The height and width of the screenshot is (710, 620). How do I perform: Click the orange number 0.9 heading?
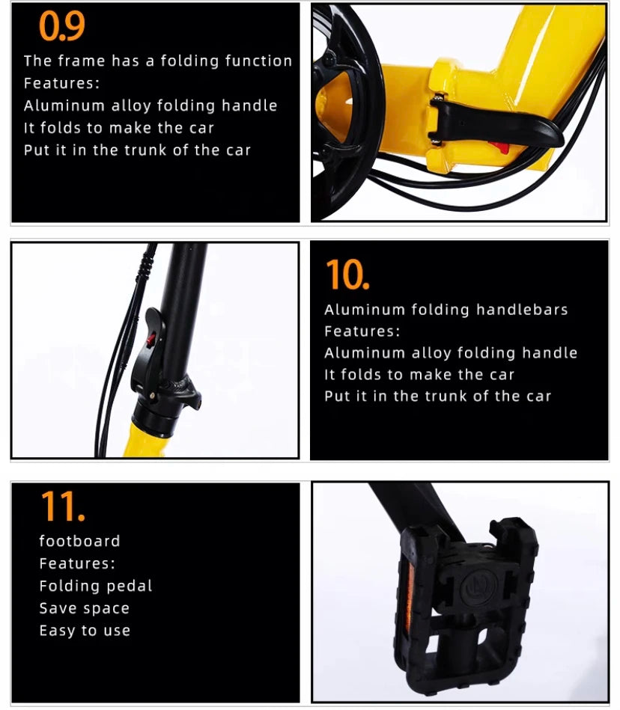61,25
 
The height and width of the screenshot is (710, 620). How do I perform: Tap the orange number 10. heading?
347,274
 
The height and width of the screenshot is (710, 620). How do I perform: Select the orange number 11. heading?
63,507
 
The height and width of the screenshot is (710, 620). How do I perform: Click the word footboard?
80,541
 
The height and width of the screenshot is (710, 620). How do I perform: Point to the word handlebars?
522,310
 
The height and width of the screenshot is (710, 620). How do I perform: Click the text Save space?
85,608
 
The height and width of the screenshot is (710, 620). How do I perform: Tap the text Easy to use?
85,630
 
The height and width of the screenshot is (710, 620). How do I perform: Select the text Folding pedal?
96,586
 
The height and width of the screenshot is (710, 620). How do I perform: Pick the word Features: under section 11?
77,563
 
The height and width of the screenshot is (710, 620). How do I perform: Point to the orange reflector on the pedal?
410,597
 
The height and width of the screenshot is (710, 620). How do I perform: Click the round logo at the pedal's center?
479,588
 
